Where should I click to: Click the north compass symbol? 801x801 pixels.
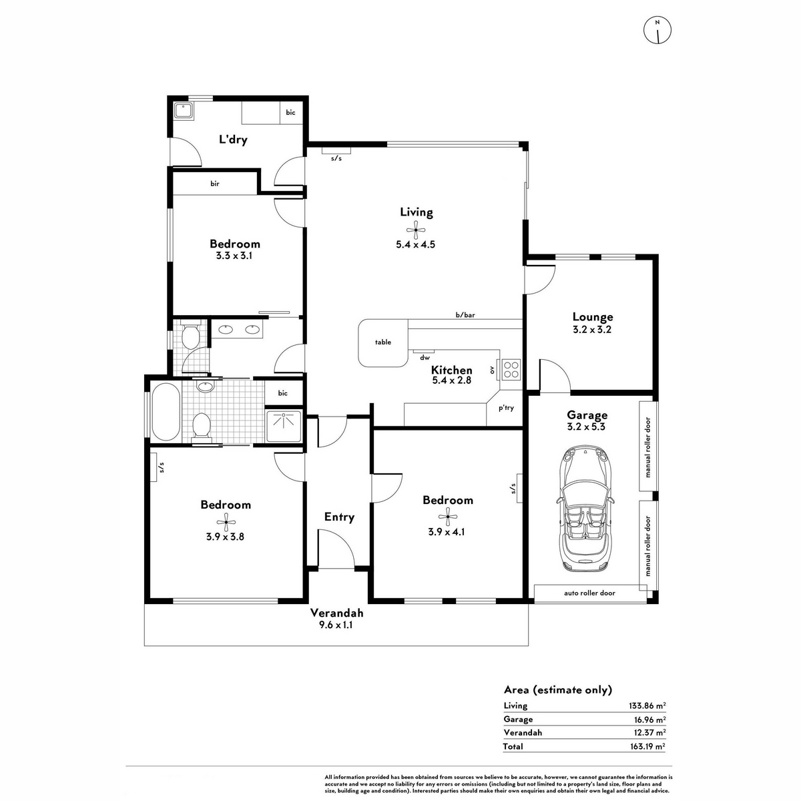point(657,30)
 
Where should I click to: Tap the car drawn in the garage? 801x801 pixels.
point(585,509)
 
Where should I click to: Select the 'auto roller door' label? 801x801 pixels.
point(589,593)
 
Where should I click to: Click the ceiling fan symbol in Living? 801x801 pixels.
point(415,230)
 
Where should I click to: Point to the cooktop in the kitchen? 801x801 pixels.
point(511,369)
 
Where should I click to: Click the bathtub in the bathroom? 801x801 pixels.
point(166,412)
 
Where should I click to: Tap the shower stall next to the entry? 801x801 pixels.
point(284,426)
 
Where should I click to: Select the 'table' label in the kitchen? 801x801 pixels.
point(383,342)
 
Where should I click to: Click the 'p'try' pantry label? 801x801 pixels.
point(506,409)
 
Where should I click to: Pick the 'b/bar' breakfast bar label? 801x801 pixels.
point(465,314)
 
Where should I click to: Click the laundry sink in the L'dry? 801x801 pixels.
point(184,111)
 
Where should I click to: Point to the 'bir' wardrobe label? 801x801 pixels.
point(214,184)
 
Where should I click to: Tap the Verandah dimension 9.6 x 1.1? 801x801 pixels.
point(336,625)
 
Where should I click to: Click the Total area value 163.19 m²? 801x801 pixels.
point(647,746)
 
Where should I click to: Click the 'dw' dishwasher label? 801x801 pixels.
point(425,358)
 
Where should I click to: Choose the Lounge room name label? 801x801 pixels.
point(592,317)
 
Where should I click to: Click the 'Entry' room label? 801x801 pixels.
point(339,517)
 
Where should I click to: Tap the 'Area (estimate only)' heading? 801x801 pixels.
point(558,690)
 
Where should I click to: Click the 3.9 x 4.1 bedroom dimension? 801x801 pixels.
point(446,531)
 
